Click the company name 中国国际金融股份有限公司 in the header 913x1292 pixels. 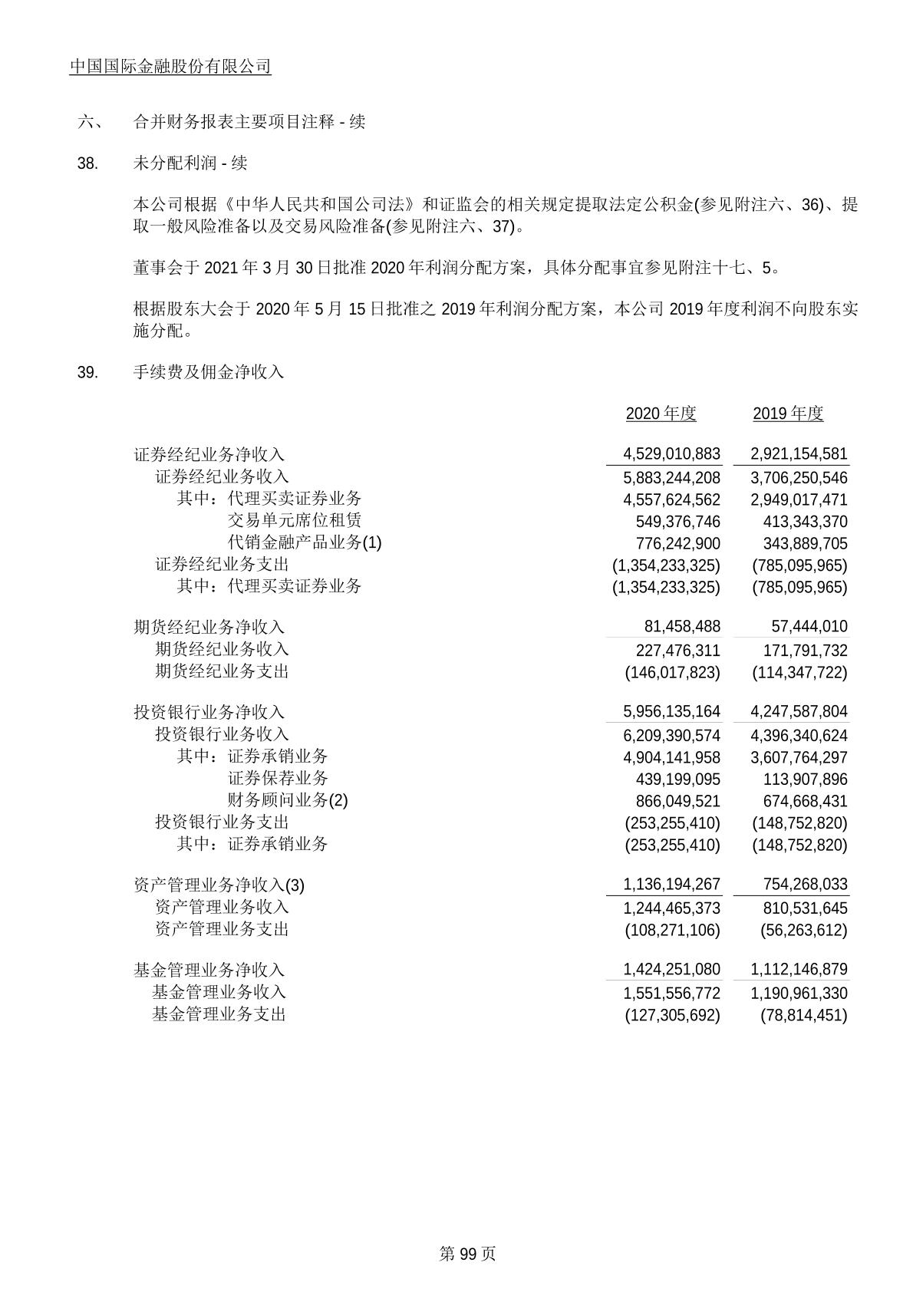pos(170,67)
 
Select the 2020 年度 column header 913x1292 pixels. pos(661,414)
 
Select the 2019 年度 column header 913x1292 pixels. pos(788,414)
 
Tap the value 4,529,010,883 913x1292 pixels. pos(672,454)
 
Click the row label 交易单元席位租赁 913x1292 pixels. pos(295,521)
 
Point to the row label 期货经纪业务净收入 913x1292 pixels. pos(209,627)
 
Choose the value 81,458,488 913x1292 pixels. pos(682,627)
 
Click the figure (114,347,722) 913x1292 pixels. pos(800,672)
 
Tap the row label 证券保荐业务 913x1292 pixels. pos(278,779)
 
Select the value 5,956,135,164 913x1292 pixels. pos(672,712)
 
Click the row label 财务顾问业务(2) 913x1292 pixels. pos(288,801)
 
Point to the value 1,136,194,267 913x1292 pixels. pos(672,885)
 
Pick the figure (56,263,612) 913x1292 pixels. pos(804,930)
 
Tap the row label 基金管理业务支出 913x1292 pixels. pos(219,1015)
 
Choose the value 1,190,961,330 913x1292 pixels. pos(799,994)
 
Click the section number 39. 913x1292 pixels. pos(87,373)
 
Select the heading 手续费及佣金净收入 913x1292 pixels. pos(209,373)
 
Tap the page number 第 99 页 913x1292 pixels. pos(467,1254)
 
